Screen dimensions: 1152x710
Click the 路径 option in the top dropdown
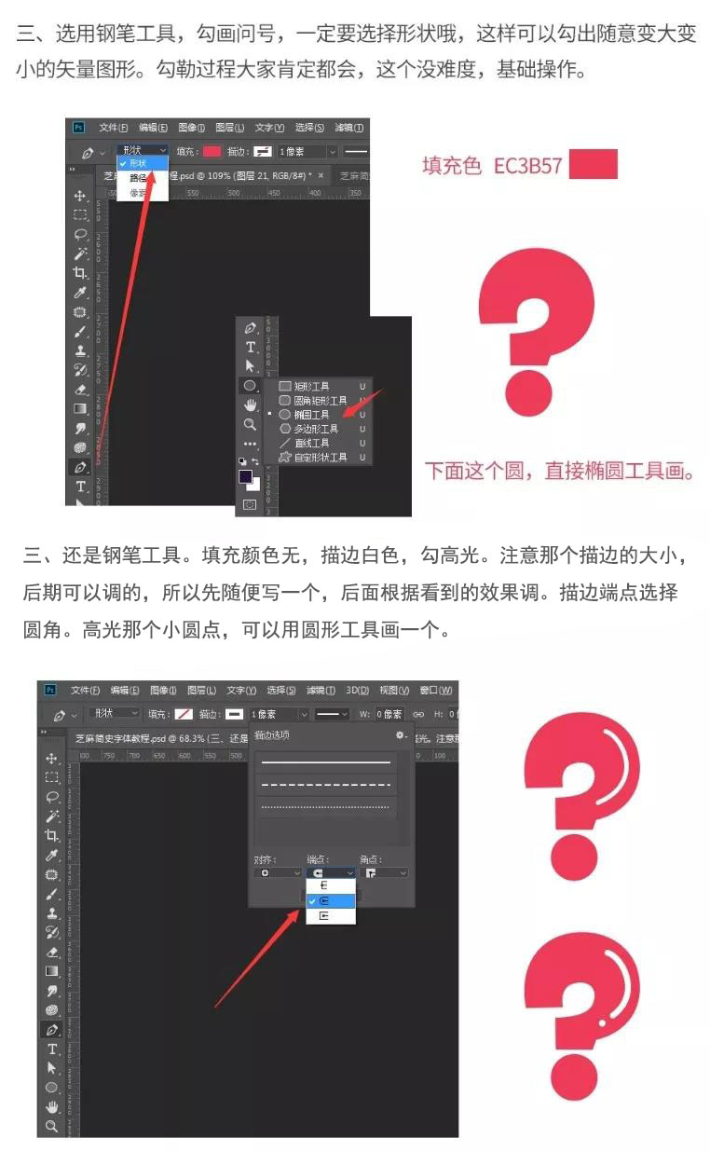pyautogui.click(x=138, y=177)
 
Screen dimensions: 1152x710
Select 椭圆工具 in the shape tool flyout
pyautogui.click(x=311, y=415)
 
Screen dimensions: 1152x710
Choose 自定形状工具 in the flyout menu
pyautogui.click(x=320, y=458)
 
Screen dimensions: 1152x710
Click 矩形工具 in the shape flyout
pyautogui.click(x=311, y=386)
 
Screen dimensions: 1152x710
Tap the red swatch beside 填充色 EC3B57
pyautogui.click(x=593, y=165)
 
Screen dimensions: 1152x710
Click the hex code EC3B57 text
pyautogui.click(x=527, y=166)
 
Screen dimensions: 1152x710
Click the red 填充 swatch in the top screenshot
pyautogui.click(x=212, y=151)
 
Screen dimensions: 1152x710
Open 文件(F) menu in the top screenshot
pyautogui.click(x=113, y=128)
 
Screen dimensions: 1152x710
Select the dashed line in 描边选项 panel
pyautogui.click(x=325, y=785)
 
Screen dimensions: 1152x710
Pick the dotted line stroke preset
pyautogui.click(x=325, y=806)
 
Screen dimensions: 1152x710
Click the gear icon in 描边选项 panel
pyautogui.click(x=402, y=735)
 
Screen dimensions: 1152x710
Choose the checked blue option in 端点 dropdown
pyautogui.click(x=330, y=901)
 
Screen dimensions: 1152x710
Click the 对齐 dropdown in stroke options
pyautogui.click(x=276, y=873)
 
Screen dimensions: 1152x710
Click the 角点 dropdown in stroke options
pyautogui.click(x=384, y=873)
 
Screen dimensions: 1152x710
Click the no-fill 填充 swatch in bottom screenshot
pyautogui.click(x=183, y=714)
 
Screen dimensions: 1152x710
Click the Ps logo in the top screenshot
pyautogui.click(x=79, y=128)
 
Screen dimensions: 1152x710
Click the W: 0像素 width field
pyautogui.click(x=389, y=714)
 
